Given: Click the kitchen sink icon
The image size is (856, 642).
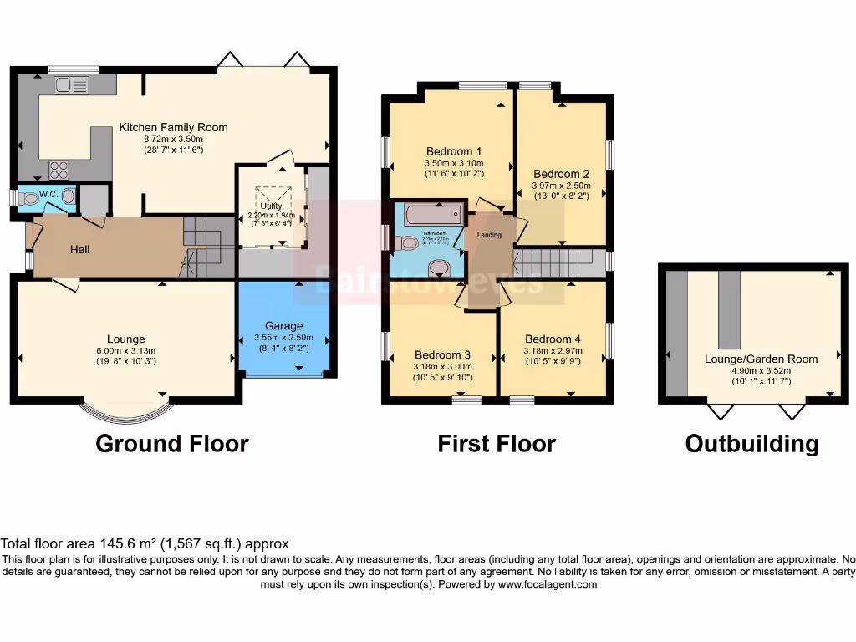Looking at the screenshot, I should tap(71, 84).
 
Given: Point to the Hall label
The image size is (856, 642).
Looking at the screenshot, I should tap(79, 249).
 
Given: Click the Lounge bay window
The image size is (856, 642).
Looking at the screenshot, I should tap(123, 409).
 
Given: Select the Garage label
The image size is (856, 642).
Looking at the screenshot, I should tap(283, 325).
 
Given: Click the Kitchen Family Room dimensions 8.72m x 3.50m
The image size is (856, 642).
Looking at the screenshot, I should tap(173, 139).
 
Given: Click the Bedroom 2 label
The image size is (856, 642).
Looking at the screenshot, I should tap(561, 174).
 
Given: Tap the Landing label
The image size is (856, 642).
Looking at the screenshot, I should tap(489, 235).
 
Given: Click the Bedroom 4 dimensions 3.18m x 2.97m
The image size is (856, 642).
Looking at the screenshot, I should tap(552, 351).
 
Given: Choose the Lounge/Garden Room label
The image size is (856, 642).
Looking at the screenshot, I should tap(761, 359).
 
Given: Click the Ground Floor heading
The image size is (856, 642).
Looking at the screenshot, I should tap(172, 443).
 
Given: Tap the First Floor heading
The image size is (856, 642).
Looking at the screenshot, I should tap(497, 443).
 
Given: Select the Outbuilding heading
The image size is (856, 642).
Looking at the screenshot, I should tap(752, 443).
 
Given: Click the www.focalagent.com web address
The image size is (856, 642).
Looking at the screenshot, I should tap(547, 585).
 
